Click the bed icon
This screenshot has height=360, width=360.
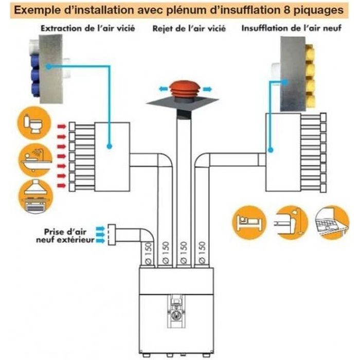248,222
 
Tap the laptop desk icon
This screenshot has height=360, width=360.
331,222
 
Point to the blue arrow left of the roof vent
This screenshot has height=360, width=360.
164,88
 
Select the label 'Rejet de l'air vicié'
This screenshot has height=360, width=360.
183,29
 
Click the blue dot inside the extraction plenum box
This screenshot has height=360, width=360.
110,146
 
